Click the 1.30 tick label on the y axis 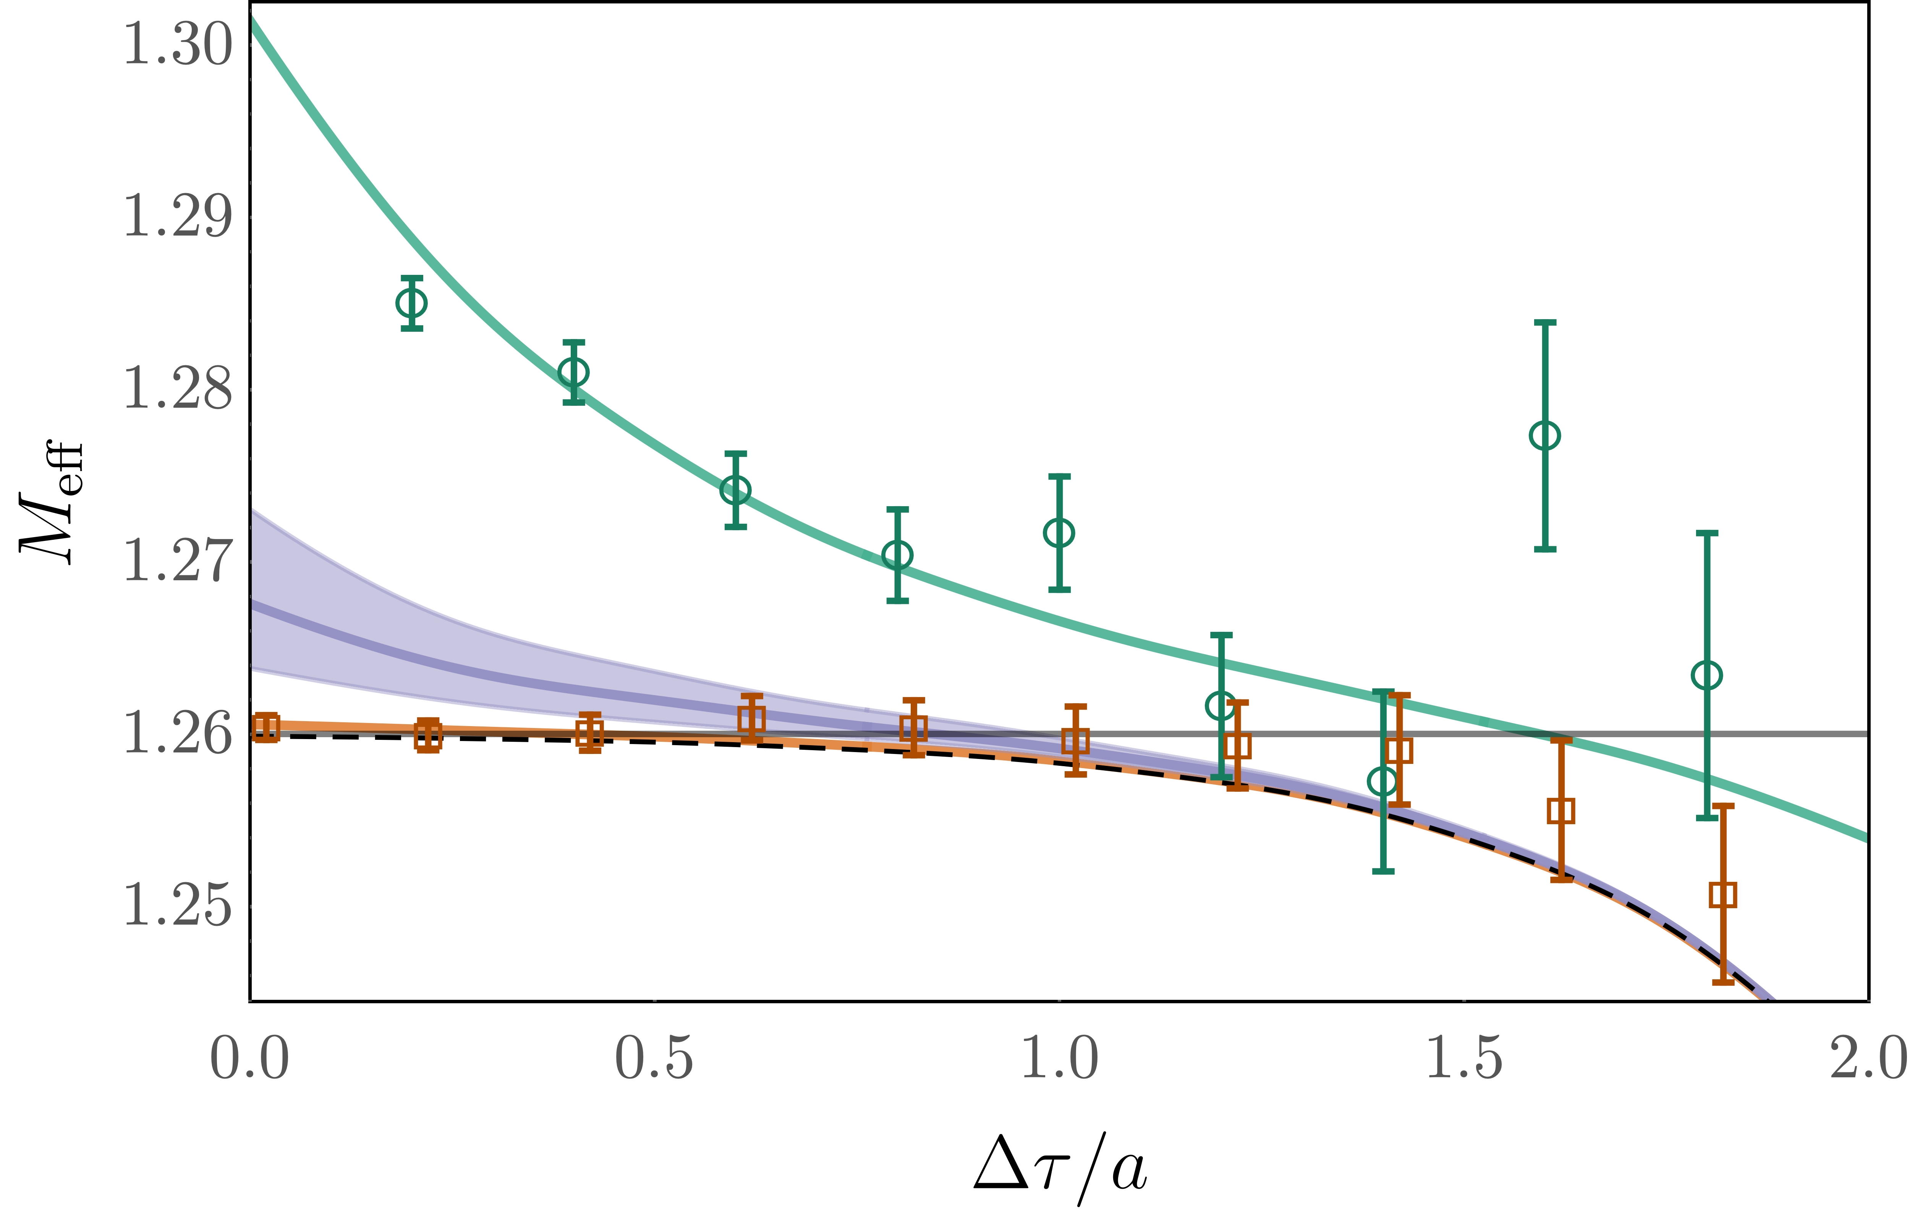(x=178, y=44)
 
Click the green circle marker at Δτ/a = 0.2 (x=411, y=302)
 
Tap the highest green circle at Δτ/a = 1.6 (x=1545, y=436)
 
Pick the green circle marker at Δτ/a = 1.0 (x=1059, y=533)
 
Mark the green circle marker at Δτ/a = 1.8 (x=1707, y=675)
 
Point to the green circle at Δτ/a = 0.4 (x=573, y=371)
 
